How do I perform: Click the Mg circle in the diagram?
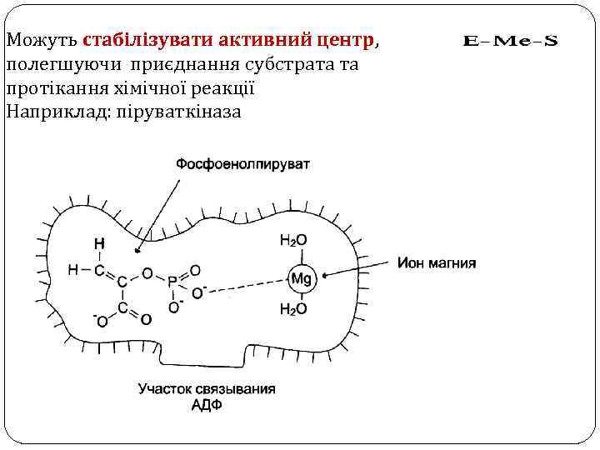pos(300,279)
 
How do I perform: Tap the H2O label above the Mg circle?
pos(293,241)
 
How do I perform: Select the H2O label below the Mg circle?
pos(293,309)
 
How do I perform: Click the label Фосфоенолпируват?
pos(242,164)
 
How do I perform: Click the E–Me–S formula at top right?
pos(509,40)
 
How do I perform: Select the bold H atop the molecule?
pos(99,244)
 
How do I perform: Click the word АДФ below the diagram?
pos(207,405)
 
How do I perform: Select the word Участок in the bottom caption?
pos(163,389)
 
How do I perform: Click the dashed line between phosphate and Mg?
pos(246,285)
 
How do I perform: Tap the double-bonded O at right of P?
pos(195,270)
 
